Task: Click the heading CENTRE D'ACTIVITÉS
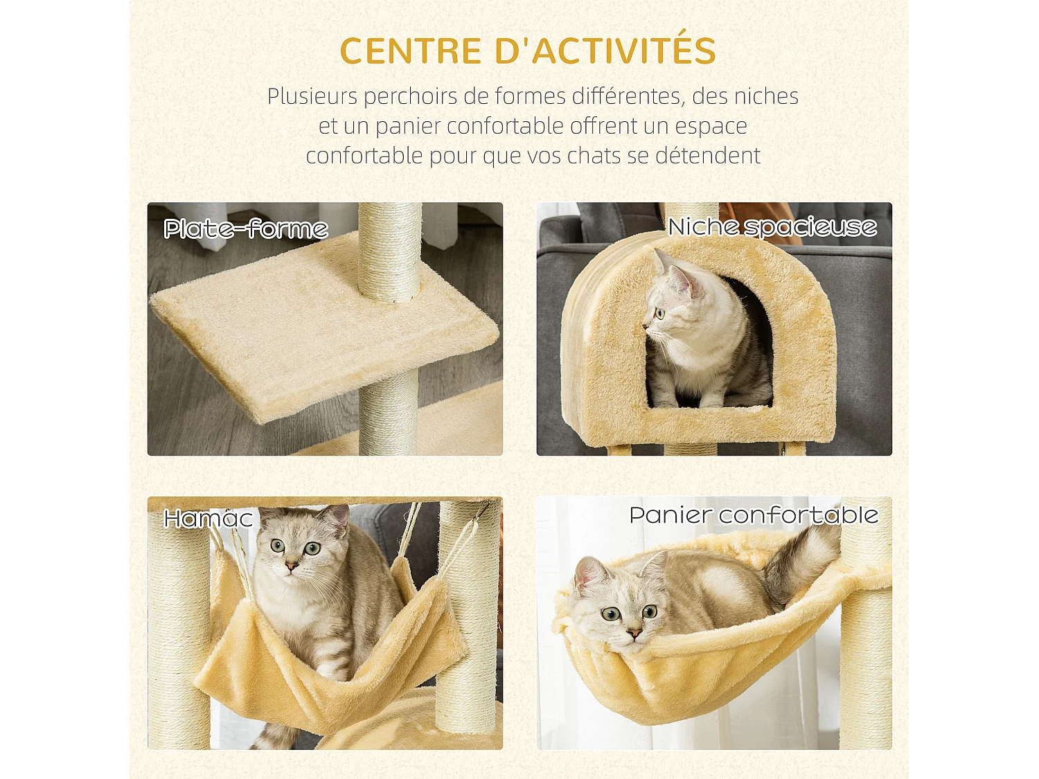[x=528, y=51]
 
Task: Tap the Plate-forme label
[x=246, y=229]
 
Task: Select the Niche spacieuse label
[x=772, y=226]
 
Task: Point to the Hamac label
[x=208, y=518]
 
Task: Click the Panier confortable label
[x=754, y=515]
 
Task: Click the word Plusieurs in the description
[x=312, y=96]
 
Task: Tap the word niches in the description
[x=765, y=96]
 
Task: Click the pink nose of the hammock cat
[x=292, y=566]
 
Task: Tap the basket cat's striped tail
[x=803, y=564]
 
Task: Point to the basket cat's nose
[x=633, y=632]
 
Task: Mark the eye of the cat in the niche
[x=659, y=314]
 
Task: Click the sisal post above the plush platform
[x=389, y=249]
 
